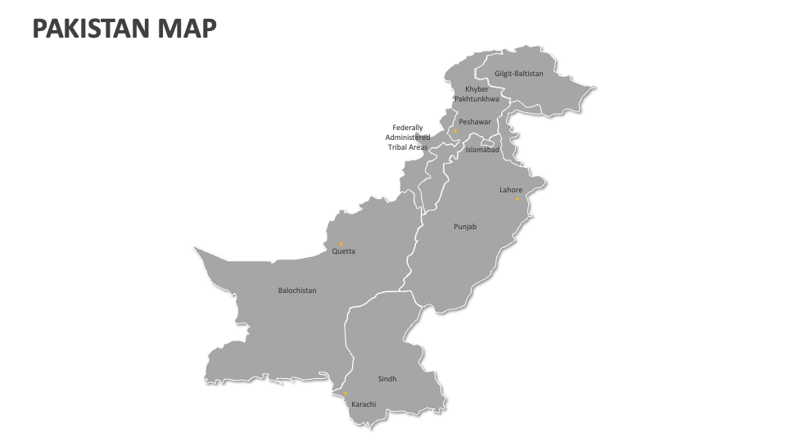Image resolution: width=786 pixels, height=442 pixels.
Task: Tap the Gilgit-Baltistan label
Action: coord(518,74)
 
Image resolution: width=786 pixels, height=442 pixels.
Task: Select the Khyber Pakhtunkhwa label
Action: coord(477,93)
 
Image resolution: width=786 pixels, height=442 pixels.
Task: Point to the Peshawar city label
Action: coord(475,122)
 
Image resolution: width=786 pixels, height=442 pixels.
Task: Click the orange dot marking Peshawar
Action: coord(455,130)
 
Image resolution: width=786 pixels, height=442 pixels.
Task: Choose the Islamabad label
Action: coord(482,150)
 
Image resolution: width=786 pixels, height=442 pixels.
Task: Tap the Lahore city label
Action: coord(511,190)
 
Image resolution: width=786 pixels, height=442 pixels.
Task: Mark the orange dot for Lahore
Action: coord(517,199)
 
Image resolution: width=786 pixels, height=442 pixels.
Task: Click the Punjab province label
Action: coord(465,227)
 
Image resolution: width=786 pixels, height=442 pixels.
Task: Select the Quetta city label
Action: coord(344,251)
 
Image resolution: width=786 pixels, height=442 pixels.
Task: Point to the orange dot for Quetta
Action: coord(341,243)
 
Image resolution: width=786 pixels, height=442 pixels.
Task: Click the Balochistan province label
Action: coord(297,291)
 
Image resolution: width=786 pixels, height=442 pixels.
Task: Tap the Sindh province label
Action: coord(387,379)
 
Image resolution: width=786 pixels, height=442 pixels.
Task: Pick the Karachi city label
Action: coord(364,404)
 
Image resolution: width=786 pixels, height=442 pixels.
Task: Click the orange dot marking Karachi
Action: coord(345,394)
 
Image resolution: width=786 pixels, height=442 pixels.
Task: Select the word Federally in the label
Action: coord(408,128)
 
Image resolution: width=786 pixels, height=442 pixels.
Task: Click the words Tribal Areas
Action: coord(408,147)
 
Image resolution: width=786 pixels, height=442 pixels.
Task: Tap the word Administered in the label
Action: coord(408,138)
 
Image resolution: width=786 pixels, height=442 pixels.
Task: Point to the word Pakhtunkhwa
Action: coord(477,99)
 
